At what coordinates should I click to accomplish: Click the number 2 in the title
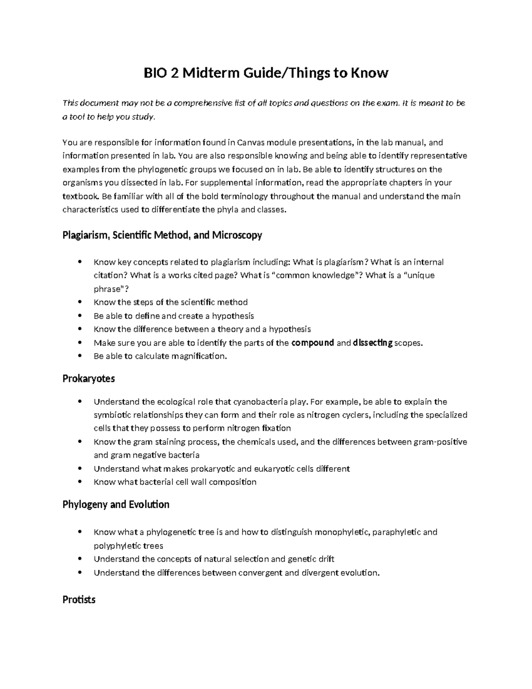[174, 72]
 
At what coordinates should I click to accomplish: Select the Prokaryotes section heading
[89, 378]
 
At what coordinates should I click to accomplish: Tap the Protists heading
[79, 599]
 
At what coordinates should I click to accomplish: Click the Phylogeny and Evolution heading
[116, 504]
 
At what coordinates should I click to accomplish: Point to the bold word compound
[313, 343]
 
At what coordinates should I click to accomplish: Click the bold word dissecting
[372, 343]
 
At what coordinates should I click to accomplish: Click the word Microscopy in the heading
[237, 235]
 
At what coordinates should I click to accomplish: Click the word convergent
[260, 572]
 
